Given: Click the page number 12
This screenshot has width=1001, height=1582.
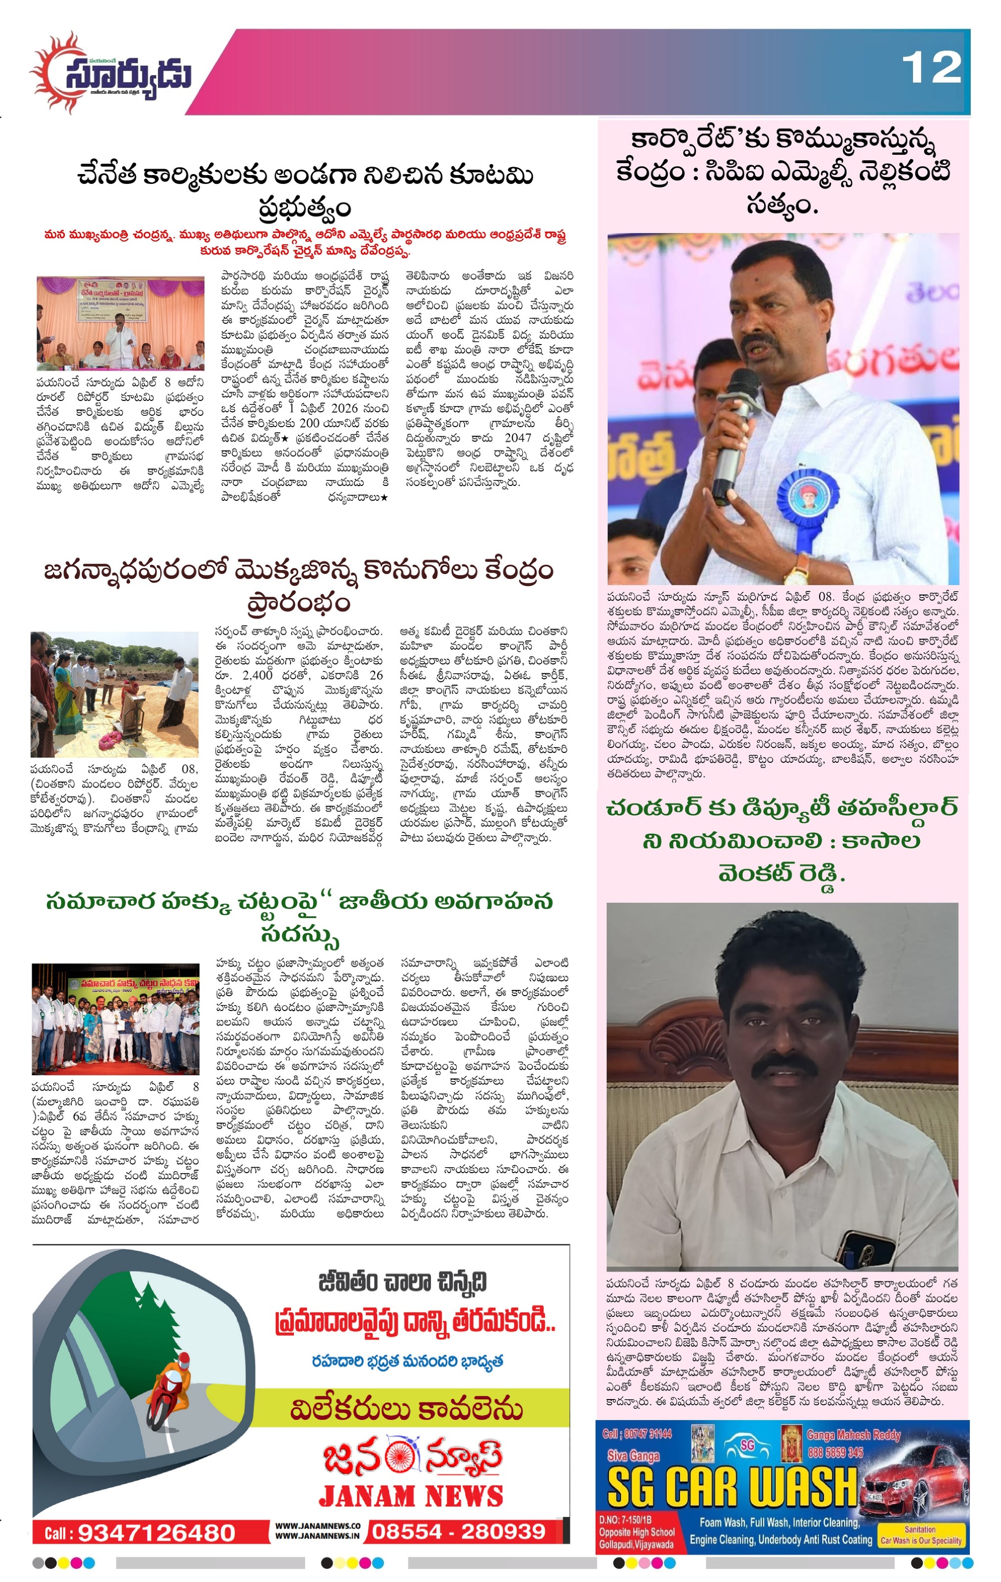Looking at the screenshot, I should coord(931,68).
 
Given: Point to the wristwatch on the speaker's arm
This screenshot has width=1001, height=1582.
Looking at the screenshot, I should coord(795,569).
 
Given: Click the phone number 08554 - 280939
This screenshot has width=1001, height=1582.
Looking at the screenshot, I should coord(458,1532).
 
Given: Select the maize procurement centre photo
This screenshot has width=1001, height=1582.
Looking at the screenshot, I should coord(114,693).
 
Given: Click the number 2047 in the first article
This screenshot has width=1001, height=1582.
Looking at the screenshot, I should coord(518,438).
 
